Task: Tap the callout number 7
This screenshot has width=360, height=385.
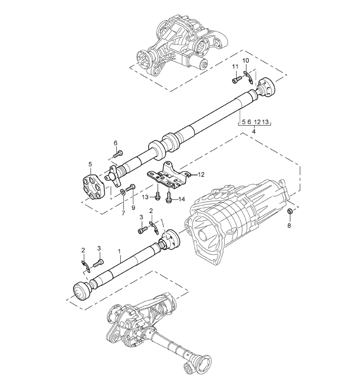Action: pos(123,213)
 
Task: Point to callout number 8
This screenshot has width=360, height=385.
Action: pos(289,225)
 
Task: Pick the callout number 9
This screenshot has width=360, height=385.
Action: pos(133,207)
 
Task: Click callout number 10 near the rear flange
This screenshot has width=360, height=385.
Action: pos(246,61)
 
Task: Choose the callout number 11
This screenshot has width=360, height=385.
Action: pos(234,67)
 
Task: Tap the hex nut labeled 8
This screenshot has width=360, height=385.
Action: pos(289,211)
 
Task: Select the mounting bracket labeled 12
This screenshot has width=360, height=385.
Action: pos(169,176)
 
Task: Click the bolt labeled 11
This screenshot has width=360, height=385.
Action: pos(237,80)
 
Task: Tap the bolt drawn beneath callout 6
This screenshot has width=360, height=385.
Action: pos(118,153)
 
